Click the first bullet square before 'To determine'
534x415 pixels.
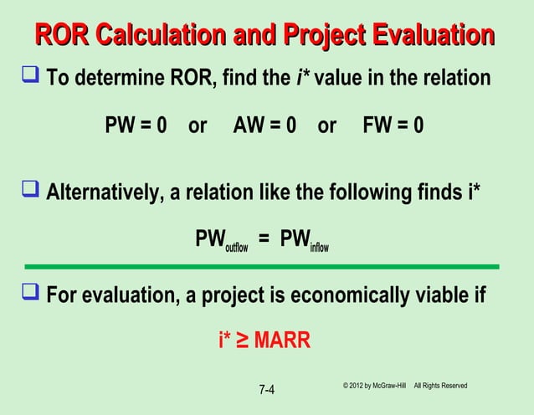[31, 79]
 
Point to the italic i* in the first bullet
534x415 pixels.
[303, 79]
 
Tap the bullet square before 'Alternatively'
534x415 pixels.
[31, 192]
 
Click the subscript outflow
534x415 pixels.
[236, 247]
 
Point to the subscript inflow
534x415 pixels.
[319, 247]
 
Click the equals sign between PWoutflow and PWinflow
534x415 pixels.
[264, 240]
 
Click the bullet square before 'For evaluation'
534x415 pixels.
[31, 295]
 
